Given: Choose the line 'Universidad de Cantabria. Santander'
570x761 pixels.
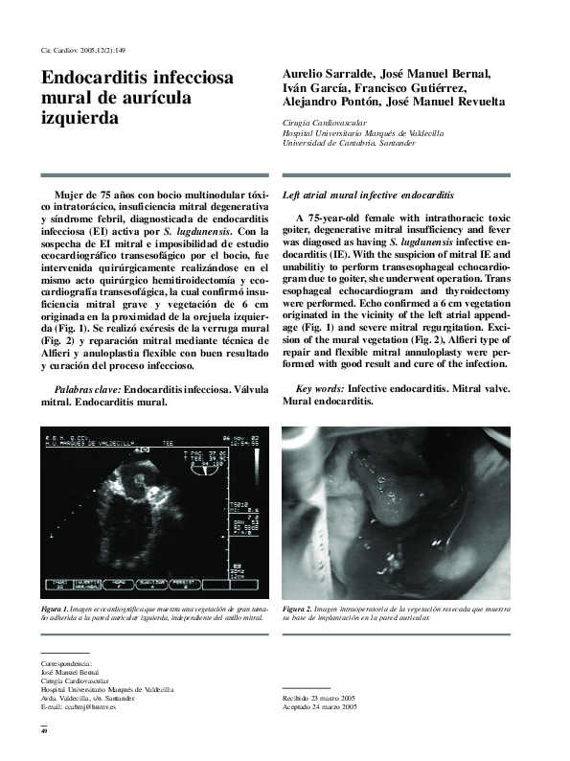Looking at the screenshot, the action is (349, 143).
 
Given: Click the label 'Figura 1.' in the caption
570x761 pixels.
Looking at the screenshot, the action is (55, 610).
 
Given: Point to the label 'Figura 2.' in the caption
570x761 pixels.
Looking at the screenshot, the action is (297, 610).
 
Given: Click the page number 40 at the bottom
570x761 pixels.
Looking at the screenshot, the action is (43, 732).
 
